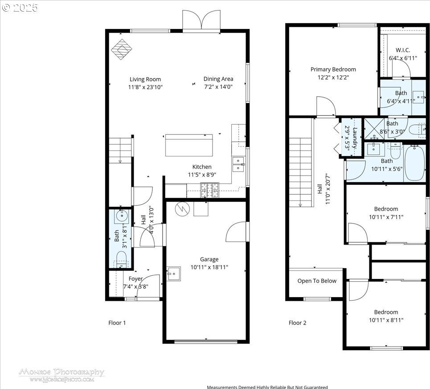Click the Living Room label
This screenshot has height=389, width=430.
[145, 79]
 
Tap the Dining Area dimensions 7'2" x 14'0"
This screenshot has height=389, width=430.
[218, 87]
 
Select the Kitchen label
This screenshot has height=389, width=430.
[202, 167]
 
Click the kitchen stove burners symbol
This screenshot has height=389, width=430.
[210, 190]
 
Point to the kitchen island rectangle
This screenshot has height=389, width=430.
[189, 145]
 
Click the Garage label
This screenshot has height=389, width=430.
[209, 259]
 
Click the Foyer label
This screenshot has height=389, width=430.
[135, 279]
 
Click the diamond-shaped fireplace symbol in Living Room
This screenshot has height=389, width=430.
[122, 49]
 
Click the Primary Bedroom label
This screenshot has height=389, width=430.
[333, 70]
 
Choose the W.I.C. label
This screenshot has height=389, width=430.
[403, 50]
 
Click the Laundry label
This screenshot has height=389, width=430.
[355, 138]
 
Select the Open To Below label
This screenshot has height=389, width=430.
[317, 281]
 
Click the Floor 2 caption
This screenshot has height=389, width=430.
[297, 323]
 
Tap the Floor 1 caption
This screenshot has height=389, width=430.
[117, 323]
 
